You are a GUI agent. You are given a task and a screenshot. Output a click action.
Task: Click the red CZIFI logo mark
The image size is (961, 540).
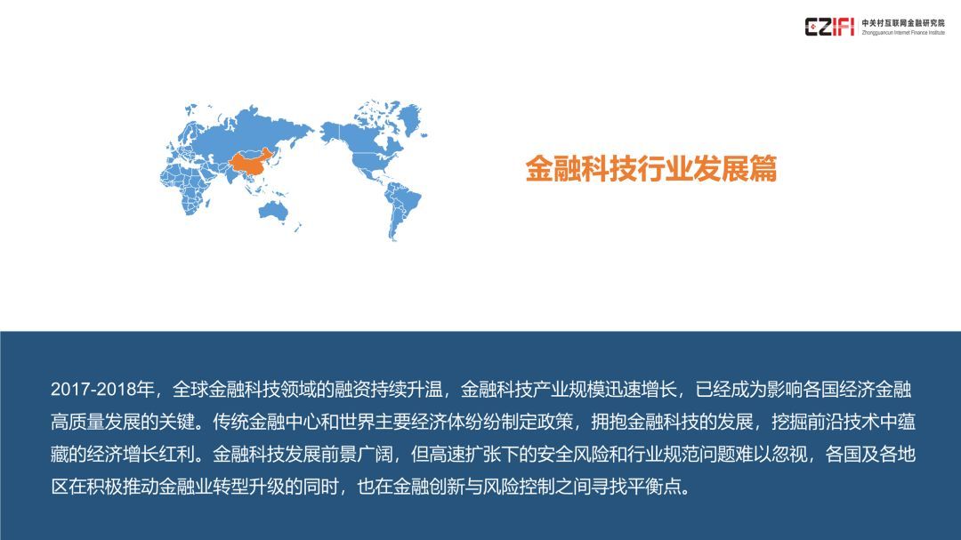(x=829, y=27)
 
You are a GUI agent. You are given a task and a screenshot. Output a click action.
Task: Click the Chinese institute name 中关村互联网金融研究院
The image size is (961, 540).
(x=903, y=22)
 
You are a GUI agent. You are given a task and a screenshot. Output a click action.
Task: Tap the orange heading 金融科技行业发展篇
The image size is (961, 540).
(x=650, y=168)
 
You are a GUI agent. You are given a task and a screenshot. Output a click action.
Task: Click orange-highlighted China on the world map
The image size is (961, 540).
(x=252, y=163)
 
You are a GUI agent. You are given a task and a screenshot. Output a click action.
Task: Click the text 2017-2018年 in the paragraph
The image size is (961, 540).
(x=102, y=390)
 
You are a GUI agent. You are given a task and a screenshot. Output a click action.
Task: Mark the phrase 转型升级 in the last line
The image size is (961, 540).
(x=248, y=487)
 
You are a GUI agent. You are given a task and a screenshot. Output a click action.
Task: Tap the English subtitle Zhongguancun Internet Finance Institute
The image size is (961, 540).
(x=903, y=33)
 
